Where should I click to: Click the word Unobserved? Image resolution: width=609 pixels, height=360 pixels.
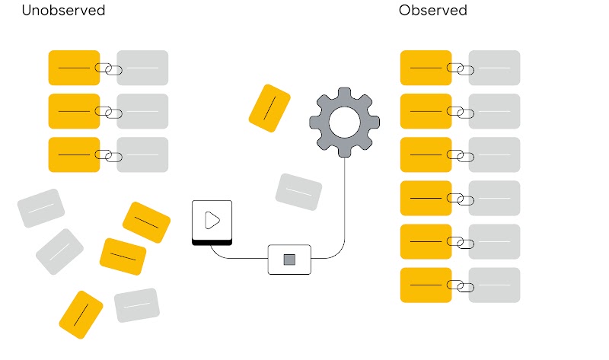(x=63, y=11)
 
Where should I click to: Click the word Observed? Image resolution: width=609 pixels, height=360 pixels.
(x=432, y=11)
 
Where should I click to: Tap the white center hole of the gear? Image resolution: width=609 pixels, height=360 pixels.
(x=344, y=122)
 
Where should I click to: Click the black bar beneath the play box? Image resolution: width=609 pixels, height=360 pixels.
(x=212, y=242)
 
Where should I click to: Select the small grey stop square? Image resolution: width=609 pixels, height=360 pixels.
(x=289, y=260)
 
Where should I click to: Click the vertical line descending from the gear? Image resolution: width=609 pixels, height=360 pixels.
(x=345, y=198)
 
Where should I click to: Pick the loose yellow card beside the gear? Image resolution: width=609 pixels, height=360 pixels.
(x=269, y=108)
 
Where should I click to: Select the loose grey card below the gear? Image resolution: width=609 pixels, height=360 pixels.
(x=298, y=193)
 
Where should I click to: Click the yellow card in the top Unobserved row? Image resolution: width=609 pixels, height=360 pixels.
(x=74, y=68)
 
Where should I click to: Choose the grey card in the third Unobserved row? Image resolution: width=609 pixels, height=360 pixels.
(x=142, y=155)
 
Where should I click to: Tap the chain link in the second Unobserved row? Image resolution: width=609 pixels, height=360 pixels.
(x=108, y=112)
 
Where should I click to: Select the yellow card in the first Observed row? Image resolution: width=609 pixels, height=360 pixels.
(x=426, y=68)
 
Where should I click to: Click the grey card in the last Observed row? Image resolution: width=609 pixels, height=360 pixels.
(x=494, y=285)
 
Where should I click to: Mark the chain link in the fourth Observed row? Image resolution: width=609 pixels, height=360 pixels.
(x=460, y=199)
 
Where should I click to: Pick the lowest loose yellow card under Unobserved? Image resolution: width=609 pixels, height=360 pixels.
(x=81, y=315)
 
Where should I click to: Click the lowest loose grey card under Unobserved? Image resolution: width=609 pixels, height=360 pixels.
(x=137, y=305)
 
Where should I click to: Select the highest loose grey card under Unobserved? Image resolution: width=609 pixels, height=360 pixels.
(x=41, y=208)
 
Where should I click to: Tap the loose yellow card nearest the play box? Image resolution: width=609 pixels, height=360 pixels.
(x=146, y=222)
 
